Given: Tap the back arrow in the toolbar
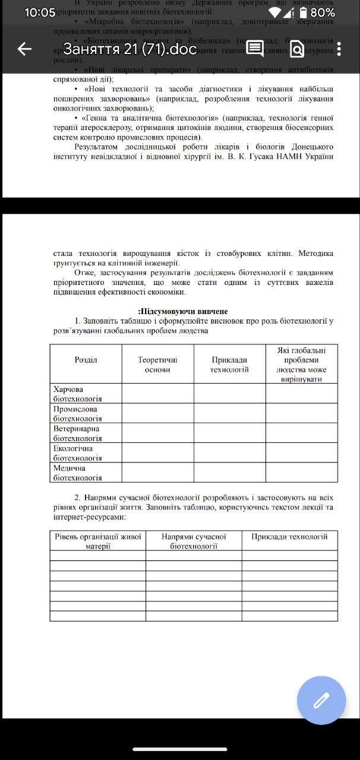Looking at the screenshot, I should tap(24, 49).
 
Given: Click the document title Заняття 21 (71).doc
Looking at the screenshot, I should tap(130, 49).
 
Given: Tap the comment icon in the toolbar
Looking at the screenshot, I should tap(255, 49).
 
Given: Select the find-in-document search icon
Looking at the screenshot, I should tap(296, 49).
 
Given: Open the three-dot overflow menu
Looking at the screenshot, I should tap(339, 49).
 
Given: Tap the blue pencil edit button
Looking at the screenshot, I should tap(321, 701).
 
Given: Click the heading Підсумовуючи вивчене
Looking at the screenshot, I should tap(182, 311).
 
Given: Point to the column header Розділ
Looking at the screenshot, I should tap(86, 360).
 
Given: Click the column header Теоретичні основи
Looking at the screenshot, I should tap(157, 365).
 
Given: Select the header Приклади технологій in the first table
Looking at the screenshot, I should tap(229, 365).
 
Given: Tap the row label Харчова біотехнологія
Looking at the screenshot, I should tap(78, 394).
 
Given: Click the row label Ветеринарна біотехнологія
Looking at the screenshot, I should tap(78, 433).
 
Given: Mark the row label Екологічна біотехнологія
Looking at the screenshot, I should tap(78, 453).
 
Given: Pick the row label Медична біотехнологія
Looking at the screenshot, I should tap(78, 473).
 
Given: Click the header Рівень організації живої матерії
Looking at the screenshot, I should tap(98, 541).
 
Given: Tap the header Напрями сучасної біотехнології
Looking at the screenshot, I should tap(194, 541).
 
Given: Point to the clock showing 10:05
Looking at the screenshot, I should tap(40, 12).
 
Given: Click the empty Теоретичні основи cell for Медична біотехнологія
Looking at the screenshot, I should tap(157, 473).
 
